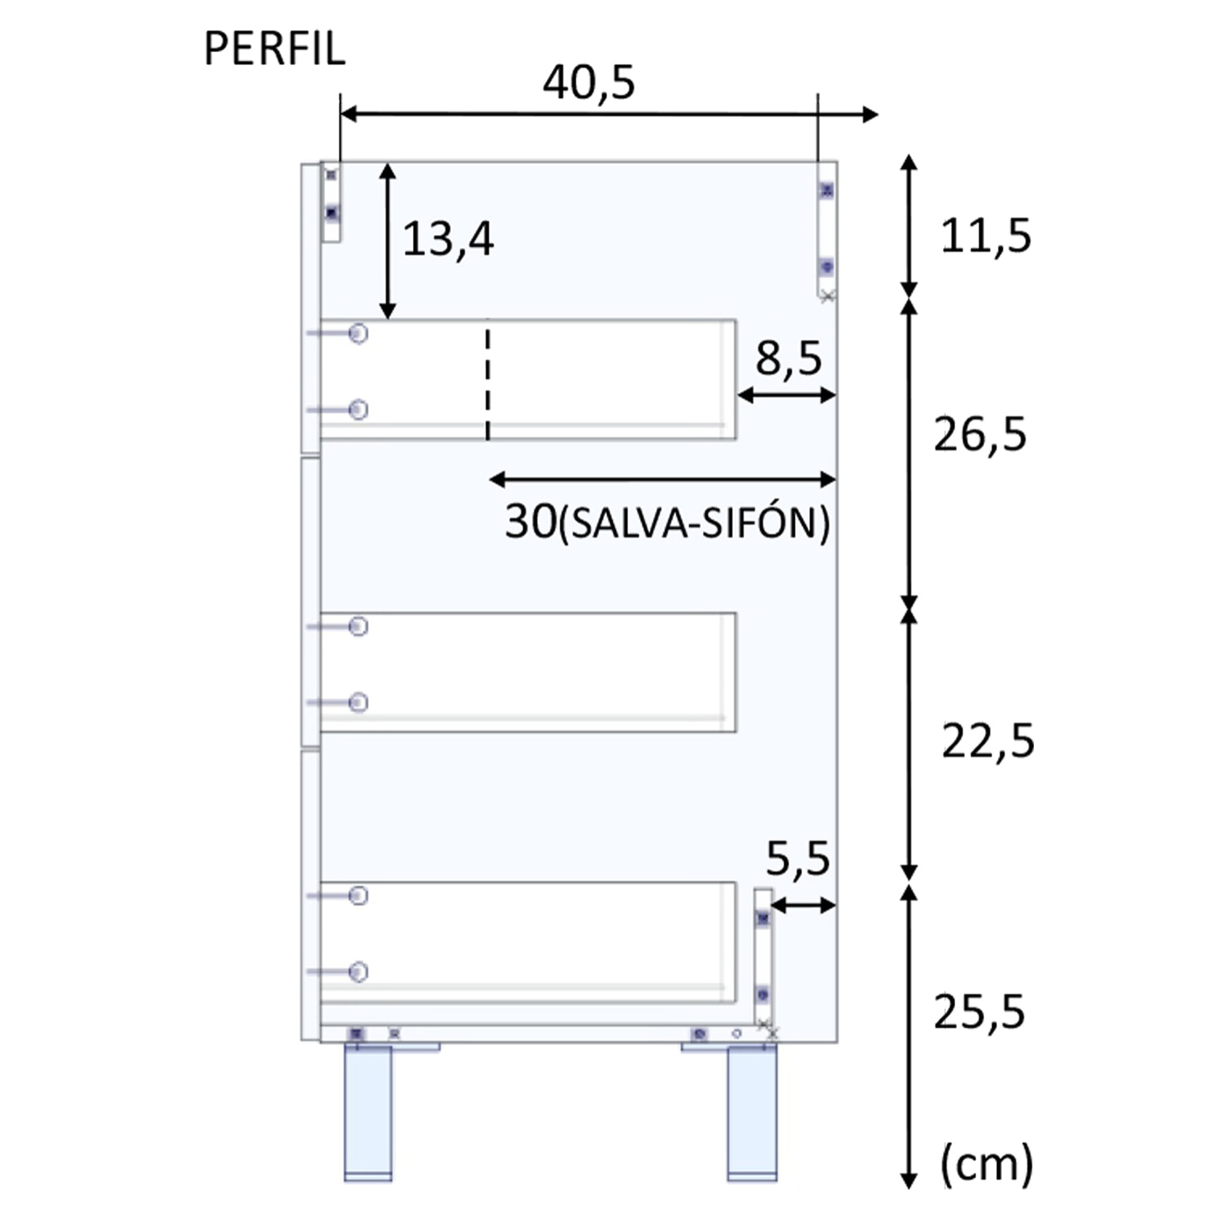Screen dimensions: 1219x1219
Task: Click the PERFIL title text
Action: pyautogui.click(x=275, y=49)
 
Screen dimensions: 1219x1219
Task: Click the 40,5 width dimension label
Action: pyautogui.click(x=589, y=83)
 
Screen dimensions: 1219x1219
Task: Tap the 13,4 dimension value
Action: pyautogui.click(x=448, y=240)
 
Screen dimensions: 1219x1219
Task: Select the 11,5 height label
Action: pyautogui.click(x=986, y=236)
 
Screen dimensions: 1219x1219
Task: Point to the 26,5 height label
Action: pyautogui.click(x=980, y=435)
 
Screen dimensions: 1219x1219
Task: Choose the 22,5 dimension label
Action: pyautogui.click(x=988, y=741)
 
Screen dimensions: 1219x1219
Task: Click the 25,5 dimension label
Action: pyautogui.click(x=979, y=1013)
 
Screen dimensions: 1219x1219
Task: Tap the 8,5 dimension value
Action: pyautogui.click(x=788, y=358)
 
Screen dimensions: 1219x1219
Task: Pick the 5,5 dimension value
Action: pyautogui.click(x=798, y=859)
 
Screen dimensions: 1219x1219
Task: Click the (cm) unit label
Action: pyautogui.click(x=987, y=1164)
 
